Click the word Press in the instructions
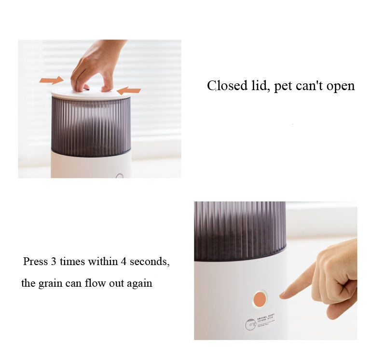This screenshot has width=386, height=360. point(36,262)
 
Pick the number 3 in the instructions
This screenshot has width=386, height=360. point(53,262)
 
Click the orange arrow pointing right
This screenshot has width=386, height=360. point(51,80)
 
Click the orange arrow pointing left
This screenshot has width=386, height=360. point(129,90)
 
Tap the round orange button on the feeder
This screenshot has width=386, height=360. point(260,299)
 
